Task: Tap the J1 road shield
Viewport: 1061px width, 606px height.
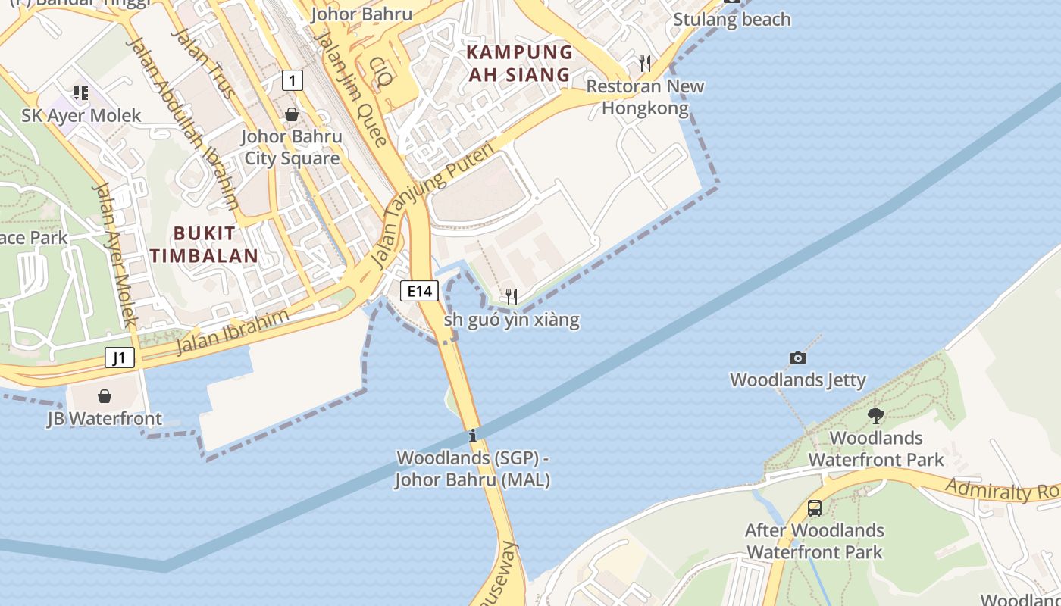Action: click(120, 358)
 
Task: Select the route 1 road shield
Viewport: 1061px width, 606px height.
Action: click(292, 80)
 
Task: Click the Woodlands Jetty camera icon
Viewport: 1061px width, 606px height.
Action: click(797, 358)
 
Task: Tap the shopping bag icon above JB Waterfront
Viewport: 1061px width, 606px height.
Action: click(105, 396)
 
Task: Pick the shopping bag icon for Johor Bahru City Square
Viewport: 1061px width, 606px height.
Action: click(292, 114)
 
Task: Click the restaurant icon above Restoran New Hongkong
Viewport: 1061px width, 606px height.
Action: click(645, 63)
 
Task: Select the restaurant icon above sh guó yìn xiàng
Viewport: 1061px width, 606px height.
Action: click(512, 296)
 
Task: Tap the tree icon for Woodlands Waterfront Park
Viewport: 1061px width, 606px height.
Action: click(875, 415)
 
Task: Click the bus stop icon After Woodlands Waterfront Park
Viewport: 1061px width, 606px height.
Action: click(815, 508)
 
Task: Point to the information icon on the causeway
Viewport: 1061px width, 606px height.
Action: click(473, 436)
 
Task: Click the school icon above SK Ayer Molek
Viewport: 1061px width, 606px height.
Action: click(81, 93)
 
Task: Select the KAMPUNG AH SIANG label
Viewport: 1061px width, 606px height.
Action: click(519, 64)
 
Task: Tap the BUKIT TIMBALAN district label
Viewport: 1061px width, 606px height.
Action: click(204, 244)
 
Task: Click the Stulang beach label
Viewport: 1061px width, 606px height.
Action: click(731, 20)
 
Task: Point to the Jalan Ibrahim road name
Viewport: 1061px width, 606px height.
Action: click(233, 332)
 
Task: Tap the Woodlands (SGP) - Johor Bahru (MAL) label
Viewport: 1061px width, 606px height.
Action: click(472, 469)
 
